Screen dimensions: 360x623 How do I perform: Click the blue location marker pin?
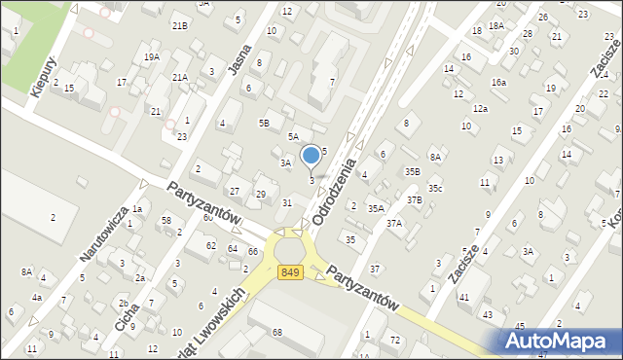311,156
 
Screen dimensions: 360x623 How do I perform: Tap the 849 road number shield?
289,273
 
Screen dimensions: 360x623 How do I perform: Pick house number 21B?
180,25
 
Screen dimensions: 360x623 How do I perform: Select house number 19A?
152,57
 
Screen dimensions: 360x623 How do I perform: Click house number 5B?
264,123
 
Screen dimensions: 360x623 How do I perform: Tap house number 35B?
413,171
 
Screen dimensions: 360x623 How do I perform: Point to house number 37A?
394,223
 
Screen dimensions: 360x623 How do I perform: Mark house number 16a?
498,83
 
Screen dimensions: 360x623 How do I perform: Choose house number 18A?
496,25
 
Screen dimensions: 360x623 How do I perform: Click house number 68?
276,333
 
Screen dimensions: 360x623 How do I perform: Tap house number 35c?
435,188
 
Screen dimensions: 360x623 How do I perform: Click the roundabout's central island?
289,251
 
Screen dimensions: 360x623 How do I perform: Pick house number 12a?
480,109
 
